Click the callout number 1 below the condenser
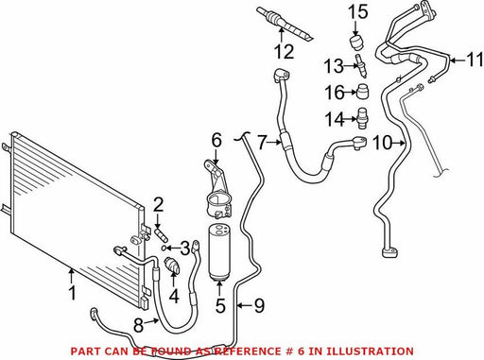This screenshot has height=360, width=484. pyautogui.click(x=73, y=293)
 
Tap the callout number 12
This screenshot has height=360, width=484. pyautogui.click(x=285, y=51)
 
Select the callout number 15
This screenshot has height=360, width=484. pyautogui.click(x=358, y=11)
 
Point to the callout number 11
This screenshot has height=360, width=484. pyautogui.click(x=475, y=60)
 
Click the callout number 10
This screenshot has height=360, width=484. pyautogui.click(x=382, y=143)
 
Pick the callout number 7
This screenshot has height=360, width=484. pyautogui.click(x=262, y=143)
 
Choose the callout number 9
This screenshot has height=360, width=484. pyautogui.click(x=259, y=305)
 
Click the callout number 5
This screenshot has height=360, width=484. pyautogui.click(x=220, y=305)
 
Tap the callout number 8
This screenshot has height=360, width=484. pyautogui.click(x=139, y=325)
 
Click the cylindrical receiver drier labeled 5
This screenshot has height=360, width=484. pyautogui.click(x=219, y=251)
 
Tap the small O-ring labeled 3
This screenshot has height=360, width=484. pyautogui.click(x=163, y=248)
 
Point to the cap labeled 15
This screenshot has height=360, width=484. pyautogui.click(x=356, y=43)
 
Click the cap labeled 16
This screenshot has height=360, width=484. pyautogui.click(x=363, y=92)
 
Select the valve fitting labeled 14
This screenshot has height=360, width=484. pyautogui.click(x=363, y=118)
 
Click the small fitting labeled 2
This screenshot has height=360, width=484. pyautogui.click(x=162, y=234)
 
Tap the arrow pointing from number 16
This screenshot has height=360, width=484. pyautogui.click(x=351, y=93)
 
